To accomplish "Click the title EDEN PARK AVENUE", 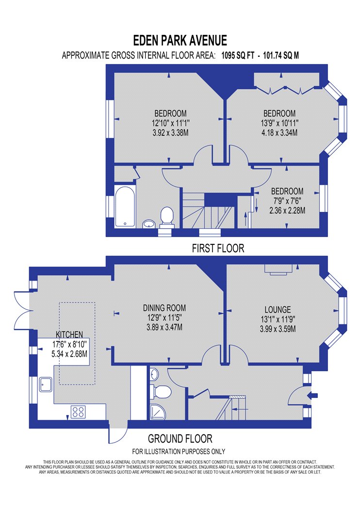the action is [x=180, y=41].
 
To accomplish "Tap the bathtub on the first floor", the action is [x=125, y=207].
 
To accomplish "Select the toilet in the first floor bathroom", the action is [x=167, y=217].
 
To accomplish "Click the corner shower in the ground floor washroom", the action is [x=158, y=412].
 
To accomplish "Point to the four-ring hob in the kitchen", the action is [x=78, y=412].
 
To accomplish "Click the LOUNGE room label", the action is [x=278, y=309].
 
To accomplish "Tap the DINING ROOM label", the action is [x=164, y=308].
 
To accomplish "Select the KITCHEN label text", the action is [x=69, y=334].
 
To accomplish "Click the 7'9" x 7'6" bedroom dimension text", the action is [x=287, y=201].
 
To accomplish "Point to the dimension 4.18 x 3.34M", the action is [x=279, y=133].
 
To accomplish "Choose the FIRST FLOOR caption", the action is [x=218, y=248].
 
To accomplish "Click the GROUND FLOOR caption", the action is [x=180, y=439].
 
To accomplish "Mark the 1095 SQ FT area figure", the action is [x=238, y=55].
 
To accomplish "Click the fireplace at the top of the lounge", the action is [x=278, y=269].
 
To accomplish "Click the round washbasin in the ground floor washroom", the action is [x=154, y=374].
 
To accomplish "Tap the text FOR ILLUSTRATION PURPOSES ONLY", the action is [x=179, y=451].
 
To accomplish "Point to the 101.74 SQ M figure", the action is [x=281, y=55].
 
